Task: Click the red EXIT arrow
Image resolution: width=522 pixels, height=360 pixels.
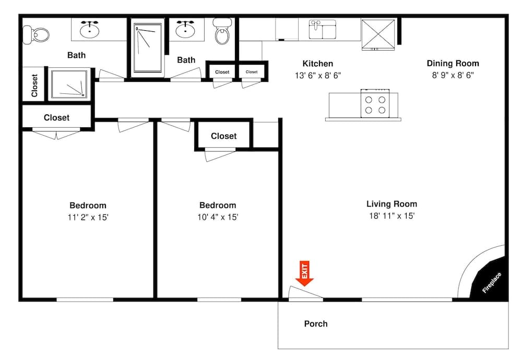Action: pos(305,274)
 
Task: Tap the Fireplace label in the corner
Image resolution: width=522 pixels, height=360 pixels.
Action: pos(492,283)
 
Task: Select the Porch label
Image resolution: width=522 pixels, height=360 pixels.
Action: pos(316,324)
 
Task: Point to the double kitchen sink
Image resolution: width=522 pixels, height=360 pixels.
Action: pos(323,30)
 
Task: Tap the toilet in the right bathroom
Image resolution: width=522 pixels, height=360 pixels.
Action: pos(223,33)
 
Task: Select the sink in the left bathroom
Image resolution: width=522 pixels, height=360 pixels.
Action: pos(91,29)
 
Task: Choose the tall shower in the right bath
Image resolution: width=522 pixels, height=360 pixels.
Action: pos(148,47)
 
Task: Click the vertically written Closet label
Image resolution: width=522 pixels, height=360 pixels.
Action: pos(34,85)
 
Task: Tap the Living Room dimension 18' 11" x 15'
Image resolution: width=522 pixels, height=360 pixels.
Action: pos(391,216)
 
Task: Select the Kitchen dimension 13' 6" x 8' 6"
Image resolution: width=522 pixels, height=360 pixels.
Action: pos(317,75)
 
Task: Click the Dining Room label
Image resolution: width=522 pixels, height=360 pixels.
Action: pos(453,64)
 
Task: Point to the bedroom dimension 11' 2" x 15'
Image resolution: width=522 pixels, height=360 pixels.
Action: pos(88,217)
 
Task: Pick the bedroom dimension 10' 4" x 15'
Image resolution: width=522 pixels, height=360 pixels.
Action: pos(218,217)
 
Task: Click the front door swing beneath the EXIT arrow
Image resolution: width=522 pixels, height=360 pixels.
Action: pos(305,294)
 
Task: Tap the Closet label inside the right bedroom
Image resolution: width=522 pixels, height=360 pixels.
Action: pos(223,136)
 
